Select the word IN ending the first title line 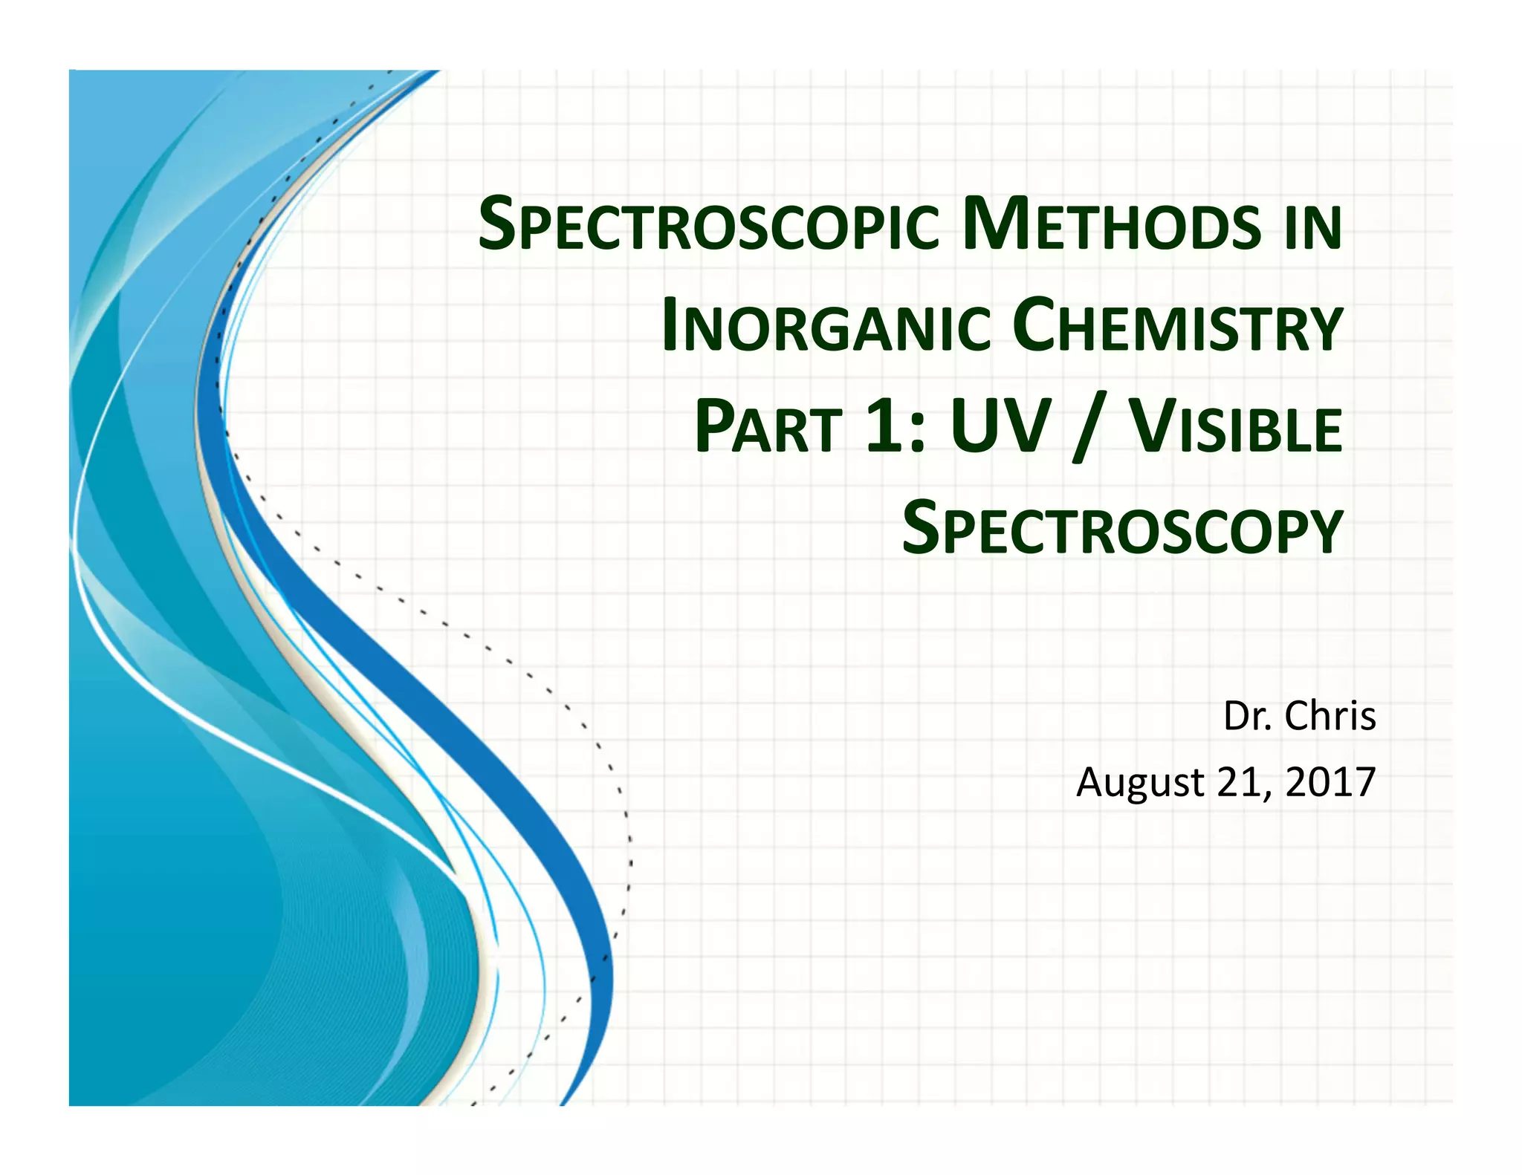pyautogui.click(x=1313, y=227)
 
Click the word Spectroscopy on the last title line pyautogui.click(x=1122, y=528)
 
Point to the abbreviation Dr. pyautogui.click(x=1248, y=716)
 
